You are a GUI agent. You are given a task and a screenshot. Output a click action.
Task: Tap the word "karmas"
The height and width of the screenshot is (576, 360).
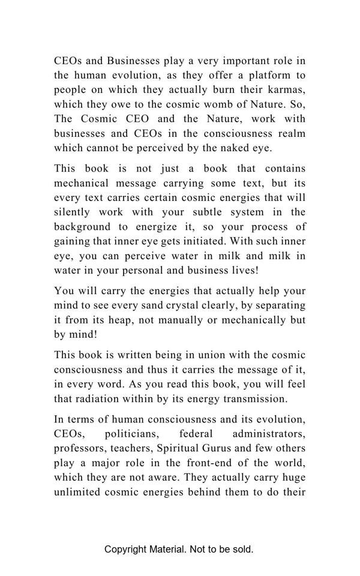click(x=286, y=90)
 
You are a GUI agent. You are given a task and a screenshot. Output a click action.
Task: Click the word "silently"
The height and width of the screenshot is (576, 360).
click(x=73, y=212)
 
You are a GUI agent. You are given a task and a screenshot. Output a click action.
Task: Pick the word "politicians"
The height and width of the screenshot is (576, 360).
click(x=131, y=434)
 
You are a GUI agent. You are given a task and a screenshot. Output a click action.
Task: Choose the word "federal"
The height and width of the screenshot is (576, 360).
click(x=196, y=434)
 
